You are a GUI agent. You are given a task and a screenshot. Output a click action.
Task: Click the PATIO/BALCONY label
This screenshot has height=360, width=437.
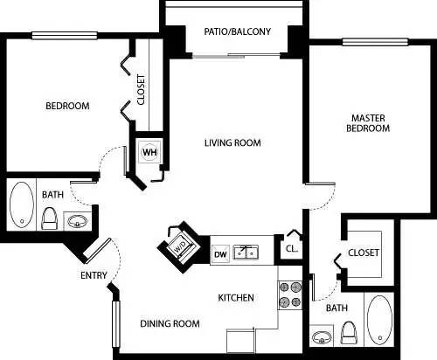[x=237, y=31]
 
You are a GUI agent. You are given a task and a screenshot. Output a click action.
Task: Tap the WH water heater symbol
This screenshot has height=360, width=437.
[x=149, y=151]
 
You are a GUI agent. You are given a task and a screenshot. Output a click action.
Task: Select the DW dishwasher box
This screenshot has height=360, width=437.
[x=220, y=253]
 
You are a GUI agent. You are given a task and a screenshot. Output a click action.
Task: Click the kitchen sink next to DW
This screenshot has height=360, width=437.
[x=246, y=253]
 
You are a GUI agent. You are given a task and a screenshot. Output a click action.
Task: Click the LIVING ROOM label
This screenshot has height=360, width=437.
[x=232, y=142]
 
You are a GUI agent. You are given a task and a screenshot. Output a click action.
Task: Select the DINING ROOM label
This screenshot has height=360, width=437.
[x=170, y=324]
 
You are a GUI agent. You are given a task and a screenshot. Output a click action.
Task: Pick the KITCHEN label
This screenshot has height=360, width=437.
[x=236, y=298]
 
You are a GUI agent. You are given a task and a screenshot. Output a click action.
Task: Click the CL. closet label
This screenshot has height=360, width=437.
[x=291, y=247]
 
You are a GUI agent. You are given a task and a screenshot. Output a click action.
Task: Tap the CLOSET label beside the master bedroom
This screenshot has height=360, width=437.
[x=364, y=253]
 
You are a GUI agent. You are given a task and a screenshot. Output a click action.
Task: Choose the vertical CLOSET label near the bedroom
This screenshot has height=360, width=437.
[x=142, y=89]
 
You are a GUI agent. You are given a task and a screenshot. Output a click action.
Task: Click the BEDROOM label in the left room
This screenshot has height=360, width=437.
[x=67, y=107]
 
